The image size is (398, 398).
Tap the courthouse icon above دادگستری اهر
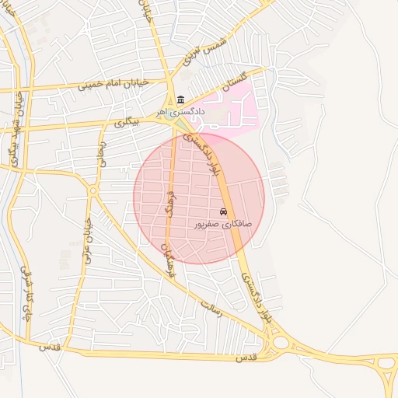coord(181,99)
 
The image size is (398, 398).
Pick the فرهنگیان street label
coord(166,263)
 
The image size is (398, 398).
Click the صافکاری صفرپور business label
coord(224,223)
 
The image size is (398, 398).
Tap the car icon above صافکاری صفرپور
coord(224,211)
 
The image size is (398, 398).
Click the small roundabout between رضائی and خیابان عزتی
coord(93,190)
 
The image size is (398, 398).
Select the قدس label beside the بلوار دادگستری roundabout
coord(245,357)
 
